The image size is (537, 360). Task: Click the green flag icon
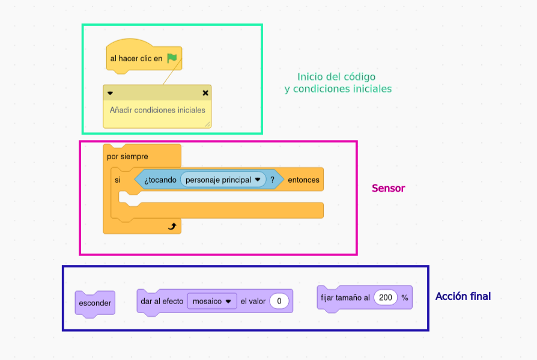pyautogui.click(x=172, y=58)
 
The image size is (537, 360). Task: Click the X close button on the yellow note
pyautogui.click(x=205, y=93)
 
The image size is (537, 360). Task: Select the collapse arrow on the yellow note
pyautogui.click(x=110, y=93)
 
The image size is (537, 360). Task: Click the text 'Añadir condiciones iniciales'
pyautogui.click(x=157, y=110)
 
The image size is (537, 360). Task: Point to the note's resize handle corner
pyautogui.click(x=207, y=124)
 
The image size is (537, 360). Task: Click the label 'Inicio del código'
pyautogui.click(x=336, y=77)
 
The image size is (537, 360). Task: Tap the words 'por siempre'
pyautogui.click(x=127, y=156)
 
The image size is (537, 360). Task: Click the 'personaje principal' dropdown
pyautogui.click(x=223, y=179)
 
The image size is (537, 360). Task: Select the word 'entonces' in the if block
pyautogui.click(x=303, y=180)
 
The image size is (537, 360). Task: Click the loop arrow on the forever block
pyautogui.click(x=172, y=226)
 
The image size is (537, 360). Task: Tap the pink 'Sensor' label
pyautogui.click(x=388, y=188)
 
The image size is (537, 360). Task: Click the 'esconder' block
pyautogui.click(x=95, y=303)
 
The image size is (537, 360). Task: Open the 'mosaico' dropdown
pyautogui.click(x=212, y=301)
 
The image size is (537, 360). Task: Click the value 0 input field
pyautogui.click(x=279, y=301)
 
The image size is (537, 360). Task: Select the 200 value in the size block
pyautogui.click(x=386, y=297)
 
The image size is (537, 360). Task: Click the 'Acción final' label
pyautogui.click(x=463, y=296)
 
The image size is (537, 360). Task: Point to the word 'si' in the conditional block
pyautogui.click(x=118, y=180)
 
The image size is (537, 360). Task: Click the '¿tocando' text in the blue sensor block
pyautogui.click(x=159, y=179)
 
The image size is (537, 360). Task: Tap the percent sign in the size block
pyautogui.click(x=405, y=297)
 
